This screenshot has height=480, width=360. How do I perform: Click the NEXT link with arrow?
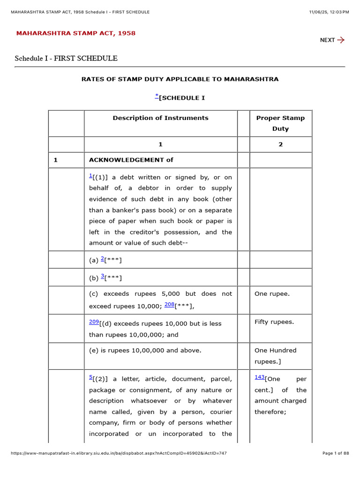[332, 40]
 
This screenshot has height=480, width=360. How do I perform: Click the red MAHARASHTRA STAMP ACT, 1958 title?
[76, 33]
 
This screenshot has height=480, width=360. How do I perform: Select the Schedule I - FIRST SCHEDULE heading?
[66, 59]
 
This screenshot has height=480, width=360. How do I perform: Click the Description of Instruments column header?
[160, 118]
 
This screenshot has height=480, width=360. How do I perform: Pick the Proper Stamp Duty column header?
[280, 123]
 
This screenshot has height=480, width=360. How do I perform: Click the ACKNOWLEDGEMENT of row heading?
[131, 160]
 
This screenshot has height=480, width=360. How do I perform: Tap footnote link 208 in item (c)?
[169, 305]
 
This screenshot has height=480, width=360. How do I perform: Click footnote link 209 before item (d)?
[94, 322]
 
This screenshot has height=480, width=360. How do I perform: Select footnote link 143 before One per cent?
[260, 377]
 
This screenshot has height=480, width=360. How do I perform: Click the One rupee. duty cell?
[272, 294]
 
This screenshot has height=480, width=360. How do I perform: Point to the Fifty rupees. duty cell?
[274, 322]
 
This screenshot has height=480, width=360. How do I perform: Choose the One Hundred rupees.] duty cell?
[275, 356]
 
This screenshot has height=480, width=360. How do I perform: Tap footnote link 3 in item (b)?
[103, 276]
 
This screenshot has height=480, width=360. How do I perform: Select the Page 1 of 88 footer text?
[336, 453]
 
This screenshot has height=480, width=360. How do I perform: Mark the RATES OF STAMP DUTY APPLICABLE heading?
[180, 79]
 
